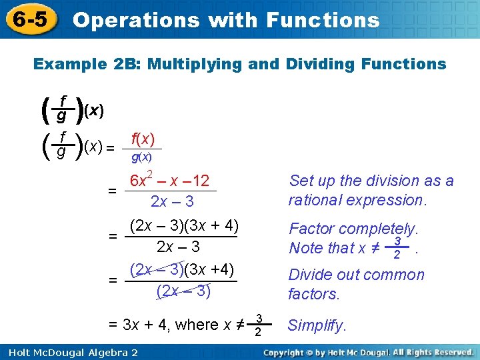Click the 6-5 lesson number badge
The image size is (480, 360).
pos(29,19)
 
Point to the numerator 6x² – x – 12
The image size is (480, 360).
pos(169,181)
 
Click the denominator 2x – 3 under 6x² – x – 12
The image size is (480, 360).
pos(172,201)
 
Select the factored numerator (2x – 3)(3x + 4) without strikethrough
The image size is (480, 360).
pos(185,225)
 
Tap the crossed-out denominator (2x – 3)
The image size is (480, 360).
pos(183,291)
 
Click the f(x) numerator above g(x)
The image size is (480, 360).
pos(143,139)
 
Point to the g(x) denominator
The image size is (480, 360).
pos(141,157)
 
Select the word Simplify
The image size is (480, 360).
pos(317,325)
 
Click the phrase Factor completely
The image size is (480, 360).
pos(353,229)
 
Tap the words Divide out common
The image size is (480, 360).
pos(356,275)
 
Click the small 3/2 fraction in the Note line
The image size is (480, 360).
pos(397,247)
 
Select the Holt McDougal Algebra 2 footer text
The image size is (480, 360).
pos(69,351)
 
